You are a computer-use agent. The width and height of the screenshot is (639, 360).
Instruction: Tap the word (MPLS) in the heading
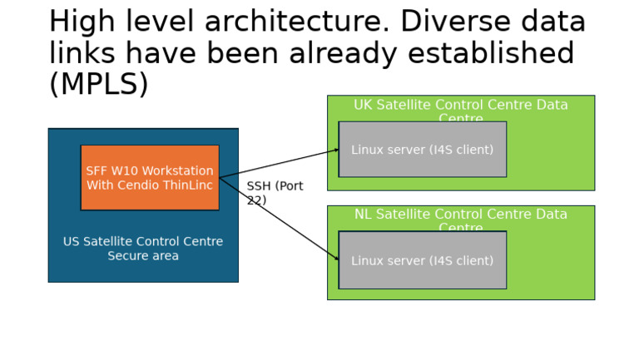(x=98, y=84)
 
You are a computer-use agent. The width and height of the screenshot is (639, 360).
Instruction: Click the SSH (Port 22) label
(x=274, y=193)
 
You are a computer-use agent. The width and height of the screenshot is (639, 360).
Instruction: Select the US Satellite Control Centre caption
(x=143, y=242)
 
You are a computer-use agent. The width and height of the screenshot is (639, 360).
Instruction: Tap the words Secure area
(x=143, y=256)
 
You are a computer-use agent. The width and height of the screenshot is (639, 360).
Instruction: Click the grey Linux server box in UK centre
(x=423, y=150)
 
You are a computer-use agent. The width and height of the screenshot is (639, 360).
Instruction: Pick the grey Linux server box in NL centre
(x=423, y=261)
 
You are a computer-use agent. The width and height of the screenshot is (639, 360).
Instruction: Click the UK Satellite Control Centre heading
(x=460, y=106)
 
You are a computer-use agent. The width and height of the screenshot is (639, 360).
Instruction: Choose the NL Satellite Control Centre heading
(x=460, y=215)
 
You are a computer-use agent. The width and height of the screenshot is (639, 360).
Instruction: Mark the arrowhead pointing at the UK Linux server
(x=336, y=150)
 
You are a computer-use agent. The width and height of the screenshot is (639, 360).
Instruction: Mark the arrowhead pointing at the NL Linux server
(x=336, y=259)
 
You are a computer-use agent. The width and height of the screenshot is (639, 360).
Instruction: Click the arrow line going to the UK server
(x=279, y=164)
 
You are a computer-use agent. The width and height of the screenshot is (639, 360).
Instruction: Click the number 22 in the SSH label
(x=255, y=200)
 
